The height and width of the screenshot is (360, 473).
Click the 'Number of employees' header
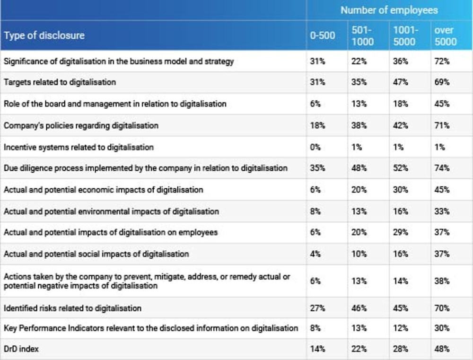[x=389, y=10]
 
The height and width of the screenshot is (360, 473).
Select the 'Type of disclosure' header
[x=44, y=35]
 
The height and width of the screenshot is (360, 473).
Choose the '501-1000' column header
[x=362, y=35]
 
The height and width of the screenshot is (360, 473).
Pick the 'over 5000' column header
[x=445, y=35]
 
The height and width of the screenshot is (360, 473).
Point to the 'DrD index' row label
[x=21, y=349]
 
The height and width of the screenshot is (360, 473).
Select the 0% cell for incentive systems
[x=315, y=147]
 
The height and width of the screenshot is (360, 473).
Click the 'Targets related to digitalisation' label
[x=60, y=82]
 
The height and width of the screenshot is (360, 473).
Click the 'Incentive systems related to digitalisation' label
[x=79, y=147]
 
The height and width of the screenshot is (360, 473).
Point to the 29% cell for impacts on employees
[x=400, y=233]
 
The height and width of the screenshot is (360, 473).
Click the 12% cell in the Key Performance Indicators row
[x=400, y=328]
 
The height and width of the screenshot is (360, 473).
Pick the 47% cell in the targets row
[x=400, y=82]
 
